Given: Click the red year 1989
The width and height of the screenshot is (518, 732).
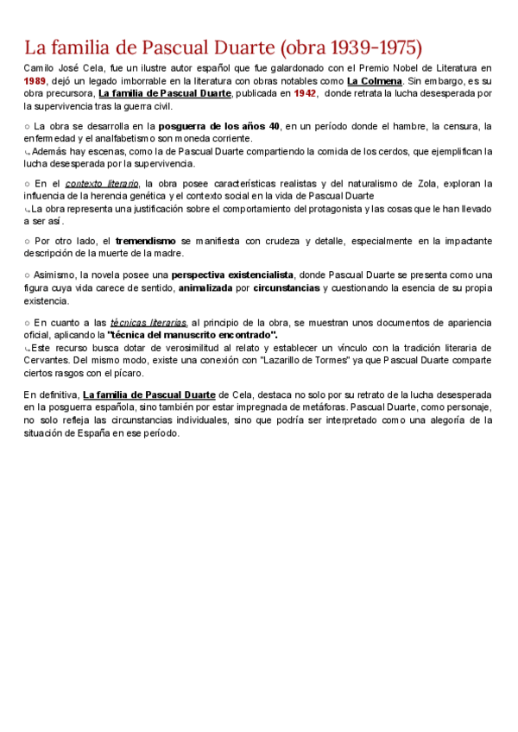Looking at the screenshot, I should coord(35,80).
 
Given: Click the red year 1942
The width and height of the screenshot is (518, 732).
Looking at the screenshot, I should coord(306,93).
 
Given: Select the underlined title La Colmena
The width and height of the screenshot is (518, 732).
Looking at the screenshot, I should coord(374,80).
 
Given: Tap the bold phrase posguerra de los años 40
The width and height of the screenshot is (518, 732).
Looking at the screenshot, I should coord(219,126).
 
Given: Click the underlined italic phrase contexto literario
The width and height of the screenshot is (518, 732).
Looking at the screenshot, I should coord(102,183).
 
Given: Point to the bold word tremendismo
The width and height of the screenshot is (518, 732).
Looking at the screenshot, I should coord(146,240).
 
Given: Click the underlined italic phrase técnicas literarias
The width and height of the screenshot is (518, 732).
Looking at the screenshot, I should coord(148,321).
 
